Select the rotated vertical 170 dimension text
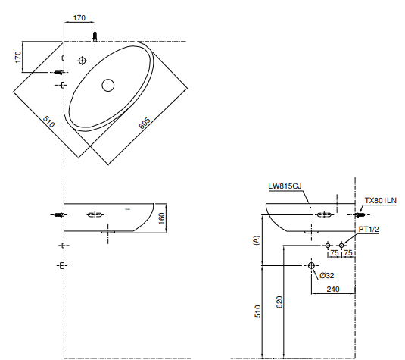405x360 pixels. click(x=17, y=58)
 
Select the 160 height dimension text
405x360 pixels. click(x=161, y=218)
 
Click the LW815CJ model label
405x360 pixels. click(x=284, y=186)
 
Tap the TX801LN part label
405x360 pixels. click(x=380, y=201)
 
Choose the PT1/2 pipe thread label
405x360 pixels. click(x=369, y=229)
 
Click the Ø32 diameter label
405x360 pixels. click(x=327, y=275)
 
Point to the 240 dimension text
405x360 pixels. click(x=332, y=289)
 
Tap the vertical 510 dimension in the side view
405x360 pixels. click(x=257, y=311)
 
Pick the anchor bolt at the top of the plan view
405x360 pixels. click(x=95, y=36)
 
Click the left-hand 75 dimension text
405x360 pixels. click(x=334, y=254)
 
